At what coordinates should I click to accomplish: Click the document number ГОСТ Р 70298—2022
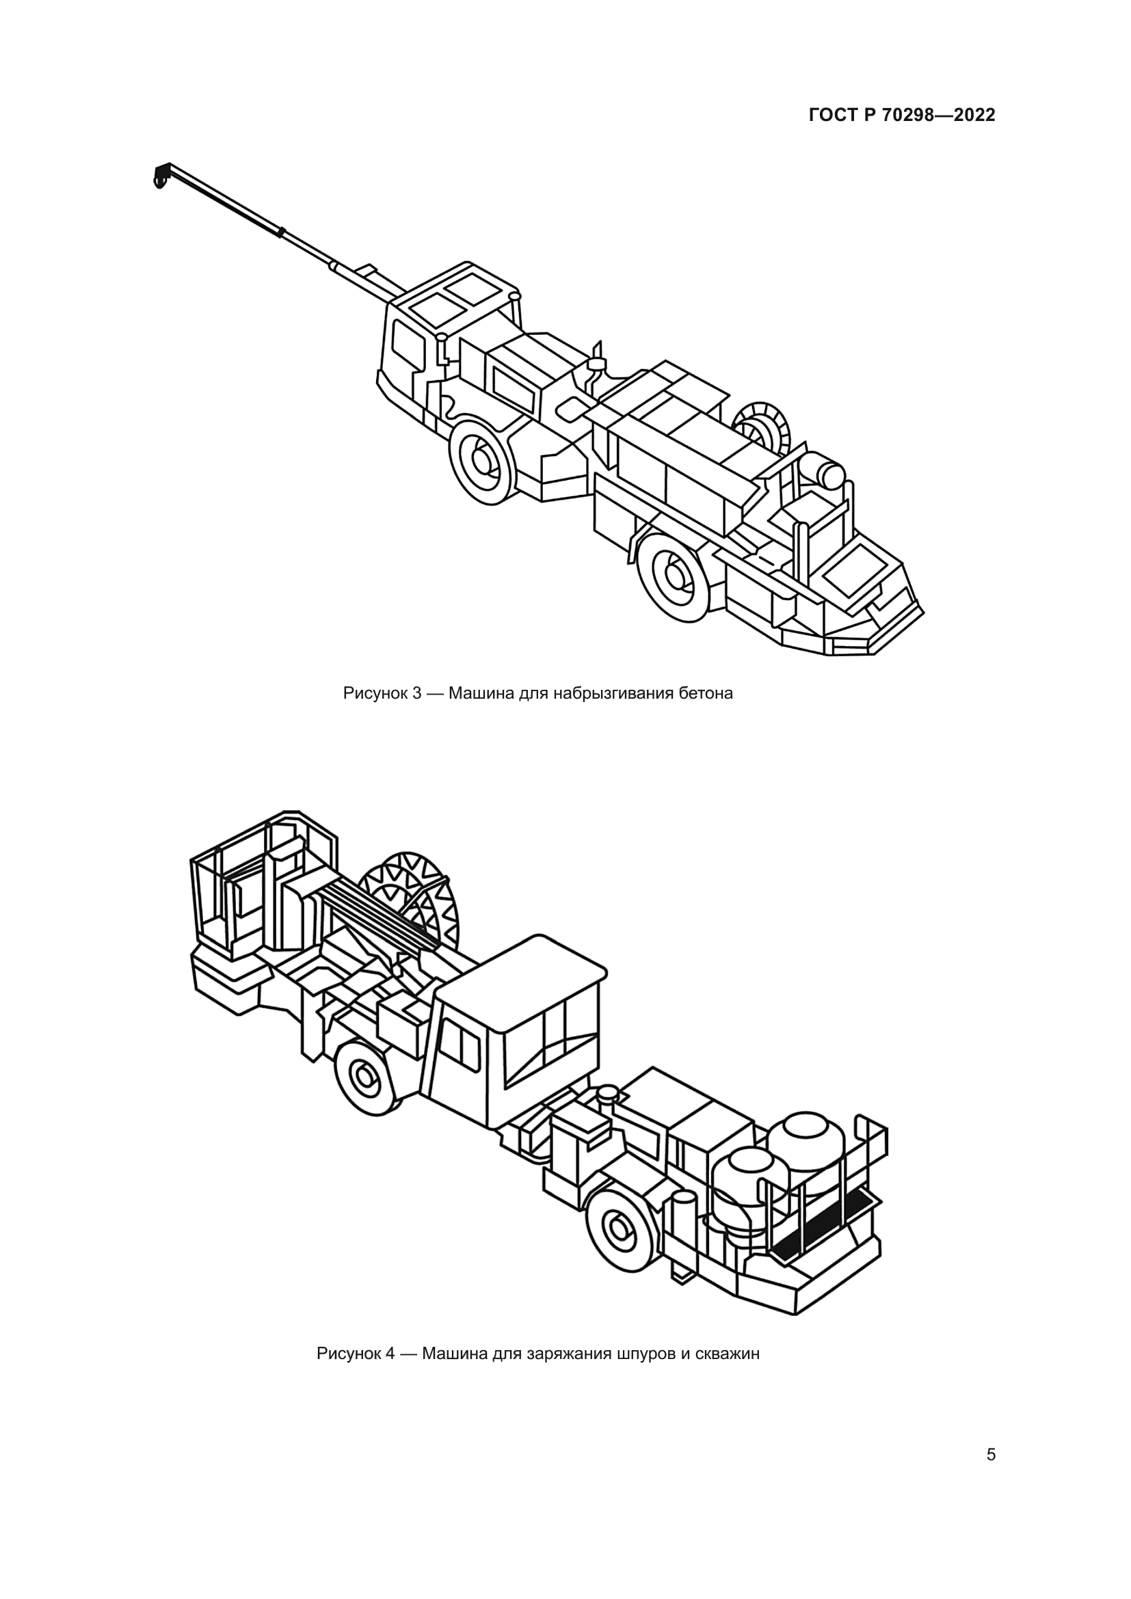[x=901, y=116]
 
